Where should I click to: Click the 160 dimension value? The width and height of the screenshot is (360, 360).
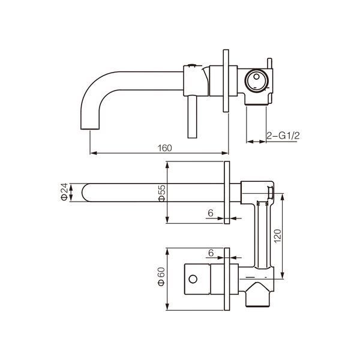[x=164, y=148]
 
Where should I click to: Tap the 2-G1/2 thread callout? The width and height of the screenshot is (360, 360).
[x=283, y=136]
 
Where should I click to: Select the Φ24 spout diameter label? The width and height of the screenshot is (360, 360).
[x=64, y=192]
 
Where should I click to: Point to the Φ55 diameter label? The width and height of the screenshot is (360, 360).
[x=161, y=193]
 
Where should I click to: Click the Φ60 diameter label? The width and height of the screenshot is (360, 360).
[x=161, y=277]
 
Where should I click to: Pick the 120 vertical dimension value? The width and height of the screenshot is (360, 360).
[x=278, y=236]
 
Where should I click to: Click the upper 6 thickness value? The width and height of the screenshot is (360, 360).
[x=211, y=213]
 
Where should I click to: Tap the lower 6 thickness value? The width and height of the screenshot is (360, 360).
[x=211, y=253]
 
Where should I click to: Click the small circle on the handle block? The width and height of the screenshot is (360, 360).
[x=193, y=279]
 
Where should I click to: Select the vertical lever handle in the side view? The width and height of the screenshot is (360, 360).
[x=192, y=117]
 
